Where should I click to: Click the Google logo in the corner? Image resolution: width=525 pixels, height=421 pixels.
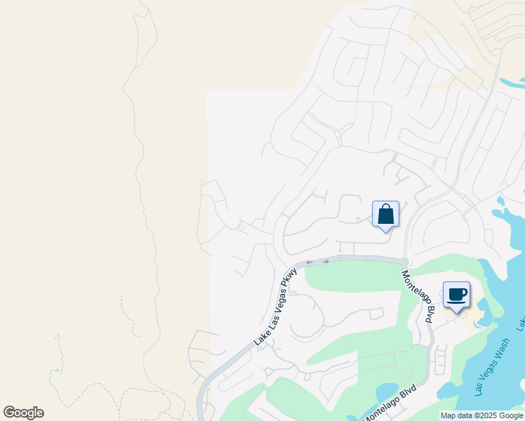pos(24,413)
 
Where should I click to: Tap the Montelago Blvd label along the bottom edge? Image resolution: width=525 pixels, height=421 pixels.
pos(388,403)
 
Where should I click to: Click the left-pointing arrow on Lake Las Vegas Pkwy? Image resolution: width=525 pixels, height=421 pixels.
pos(309,262)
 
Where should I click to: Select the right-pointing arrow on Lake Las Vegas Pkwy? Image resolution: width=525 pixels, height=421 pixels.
pos(326,261)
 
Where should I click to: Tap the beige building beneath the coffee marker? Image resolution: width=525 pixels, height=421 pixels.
pos(469,316)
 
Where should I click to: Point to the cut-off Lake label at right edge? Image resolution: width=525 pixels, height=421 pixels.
pos(521,323)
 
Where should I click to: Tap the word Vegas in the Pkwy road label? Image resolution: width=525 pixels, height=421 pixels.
pos(277,305)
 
